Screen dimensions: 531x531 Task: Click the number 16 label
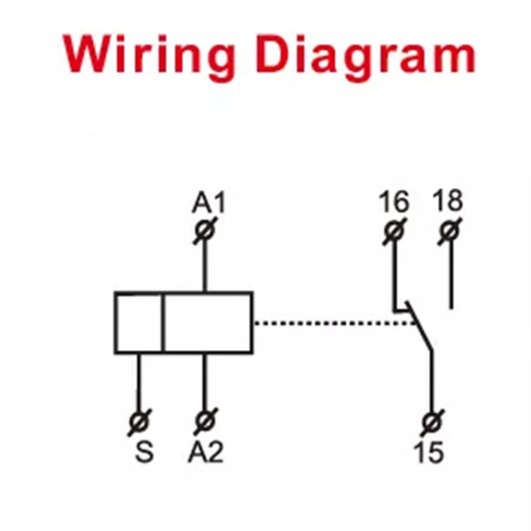(x=394, y=201)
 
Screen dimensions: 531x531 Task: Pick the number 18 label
(x=448, y=200)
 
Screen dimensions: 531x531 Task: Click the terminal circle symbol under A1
(x=206, y=232)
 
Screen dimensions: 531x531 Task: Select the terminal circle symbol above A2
(x=206, y=421)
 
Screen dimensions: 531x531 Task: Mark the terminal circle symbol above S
(x=139, y=421)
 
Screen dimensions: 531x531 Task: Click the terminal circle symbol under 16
(x=394, y=232)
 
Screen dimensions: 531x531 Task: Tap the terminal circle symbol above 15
(x=432, y=421)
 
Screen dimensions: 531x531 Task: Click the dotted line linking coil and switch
(x=332, y=323)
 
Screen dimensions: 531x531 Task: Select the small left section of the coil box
(x=139, y=323)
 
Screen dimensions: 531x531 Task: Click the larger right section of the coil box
(x=208, y=323)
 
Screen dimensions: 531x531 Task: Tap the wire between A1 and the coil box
(x=206, y=265)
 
